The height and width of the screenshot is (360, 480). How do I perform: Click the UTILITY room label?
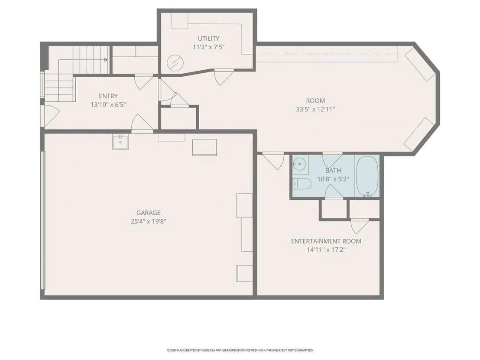208,39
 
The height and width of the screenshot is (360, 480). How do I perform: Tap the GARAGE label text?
149,213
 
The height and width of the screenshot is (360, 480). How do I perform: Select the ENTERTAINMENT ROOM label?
326,241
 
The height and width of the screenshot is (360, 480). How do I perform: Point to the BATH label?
333,171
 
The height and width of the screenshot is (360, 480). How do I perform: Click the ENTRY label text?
108,96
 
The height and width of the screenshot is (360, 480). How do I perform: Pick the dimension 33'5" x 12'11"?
315,109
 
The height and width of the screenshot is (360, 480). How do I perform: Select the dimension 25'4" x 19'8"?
149,221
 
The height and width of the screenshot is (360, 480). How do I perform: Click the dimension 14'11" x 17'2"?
326,250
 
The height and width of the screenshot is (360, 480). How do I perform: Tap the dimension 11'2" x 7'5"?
208,47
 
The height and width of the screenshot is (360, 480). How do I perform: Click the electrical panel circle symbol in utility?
175,63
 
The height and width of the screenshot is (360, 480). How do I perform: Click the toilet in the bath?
302,184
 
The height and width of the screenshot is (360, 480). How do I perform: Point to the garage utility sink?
120,142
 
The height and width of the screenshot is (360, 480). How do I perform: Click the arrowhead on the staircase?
106,60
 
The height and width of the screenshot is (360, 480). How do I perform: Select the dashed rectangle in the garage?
171,137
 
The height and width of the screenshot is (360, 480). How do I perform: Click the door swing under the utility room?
224,77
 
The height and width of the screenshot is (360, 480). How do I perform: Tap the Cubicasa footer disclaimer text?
240,350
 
